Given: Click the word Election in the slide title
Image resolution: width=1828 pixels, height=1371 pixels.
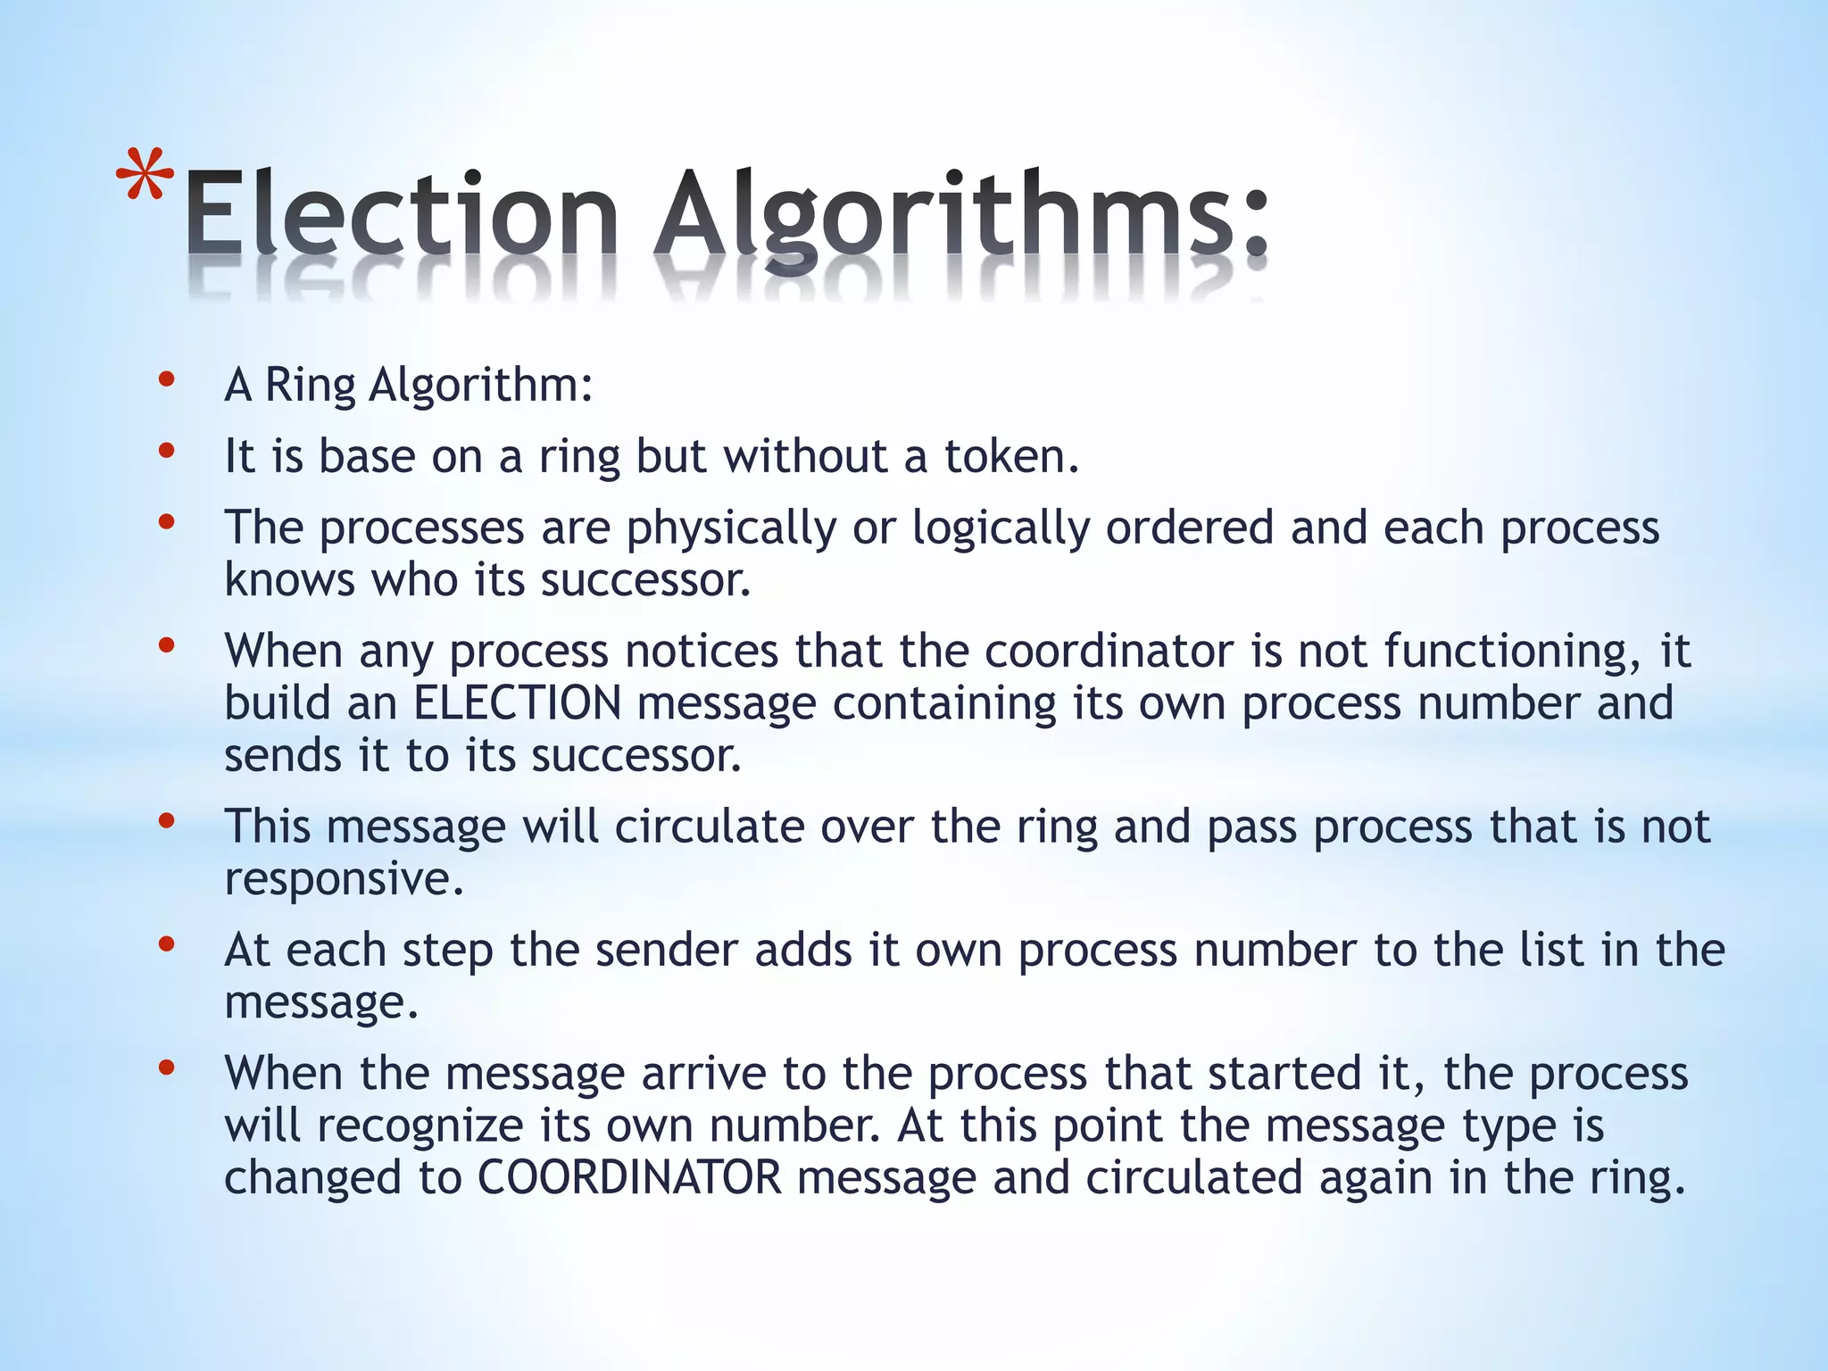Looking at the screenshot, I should coord(402,214).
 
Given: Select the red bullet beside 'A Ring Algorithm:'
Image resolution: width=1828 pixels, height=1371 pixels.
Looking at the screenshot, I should coord(166,381).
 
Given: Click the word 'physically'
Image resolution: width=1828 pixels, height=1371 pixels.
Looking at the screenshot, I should coord(731,528).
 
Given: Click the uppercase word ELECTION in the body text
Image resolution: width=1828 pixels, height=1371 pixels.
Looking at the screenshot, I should coord(518,703).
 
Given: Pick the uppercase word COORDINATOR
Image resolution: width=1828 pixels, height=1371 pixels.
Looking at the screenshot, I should coord(629,1178).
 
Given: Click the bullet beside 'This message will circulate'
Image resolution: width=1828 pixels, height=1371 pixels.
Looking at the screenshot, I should coord(166,822).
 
